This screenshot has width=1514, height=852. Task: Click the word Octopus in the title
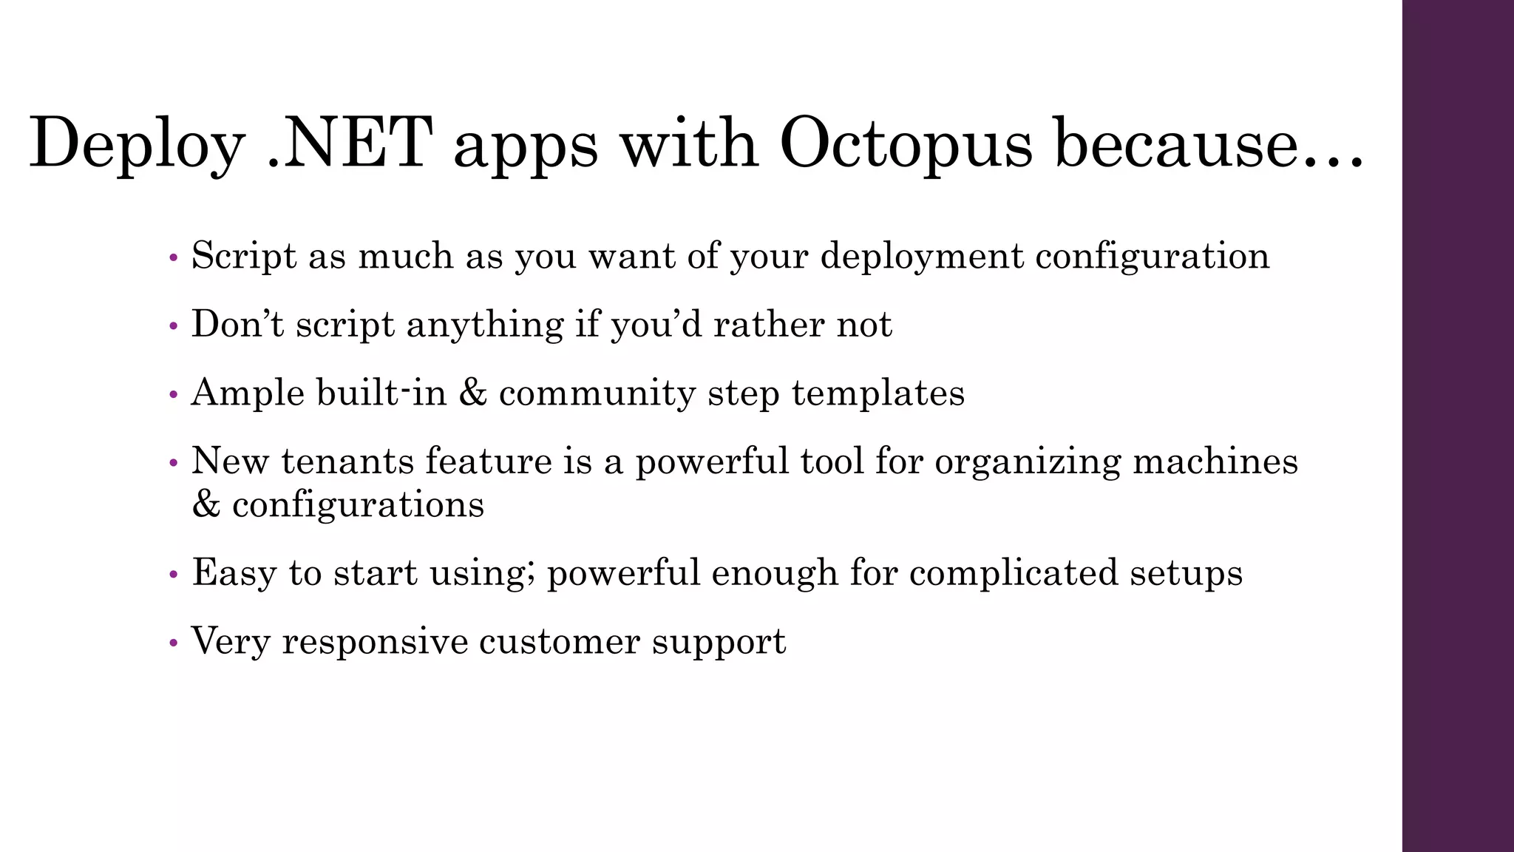click(x=905, y=144)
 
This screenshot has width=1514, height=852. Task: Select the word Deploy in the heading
click(x=138, y=144)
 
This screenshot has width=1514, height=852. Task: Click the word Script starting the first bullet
click(x=244, y=256)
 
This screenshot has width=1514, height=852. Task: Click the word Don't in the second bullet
click(x=237, y=324)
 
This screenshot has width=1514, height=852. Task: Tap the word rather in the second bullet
click(x=768, y=324)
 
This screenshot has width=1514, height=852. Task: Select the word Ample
click(x=247, y=393)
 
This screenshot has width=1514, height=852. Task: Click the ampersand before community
click(x=472, y=393)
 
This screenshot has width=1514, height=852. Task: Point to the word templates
click(x=878, y=393)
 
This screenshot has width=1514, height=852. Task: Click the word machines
click(x=1215, y=461)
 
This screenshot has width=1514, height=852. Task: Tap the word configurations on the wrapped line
click(x=358, y=505)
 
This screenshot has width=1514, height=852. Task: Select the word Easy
click(x=234, y=573)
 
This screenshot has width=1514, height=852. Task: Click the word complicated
click(x=1014, y=573)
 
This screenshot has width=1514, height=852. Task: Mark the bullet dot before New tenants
click(x=174, y=463)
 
